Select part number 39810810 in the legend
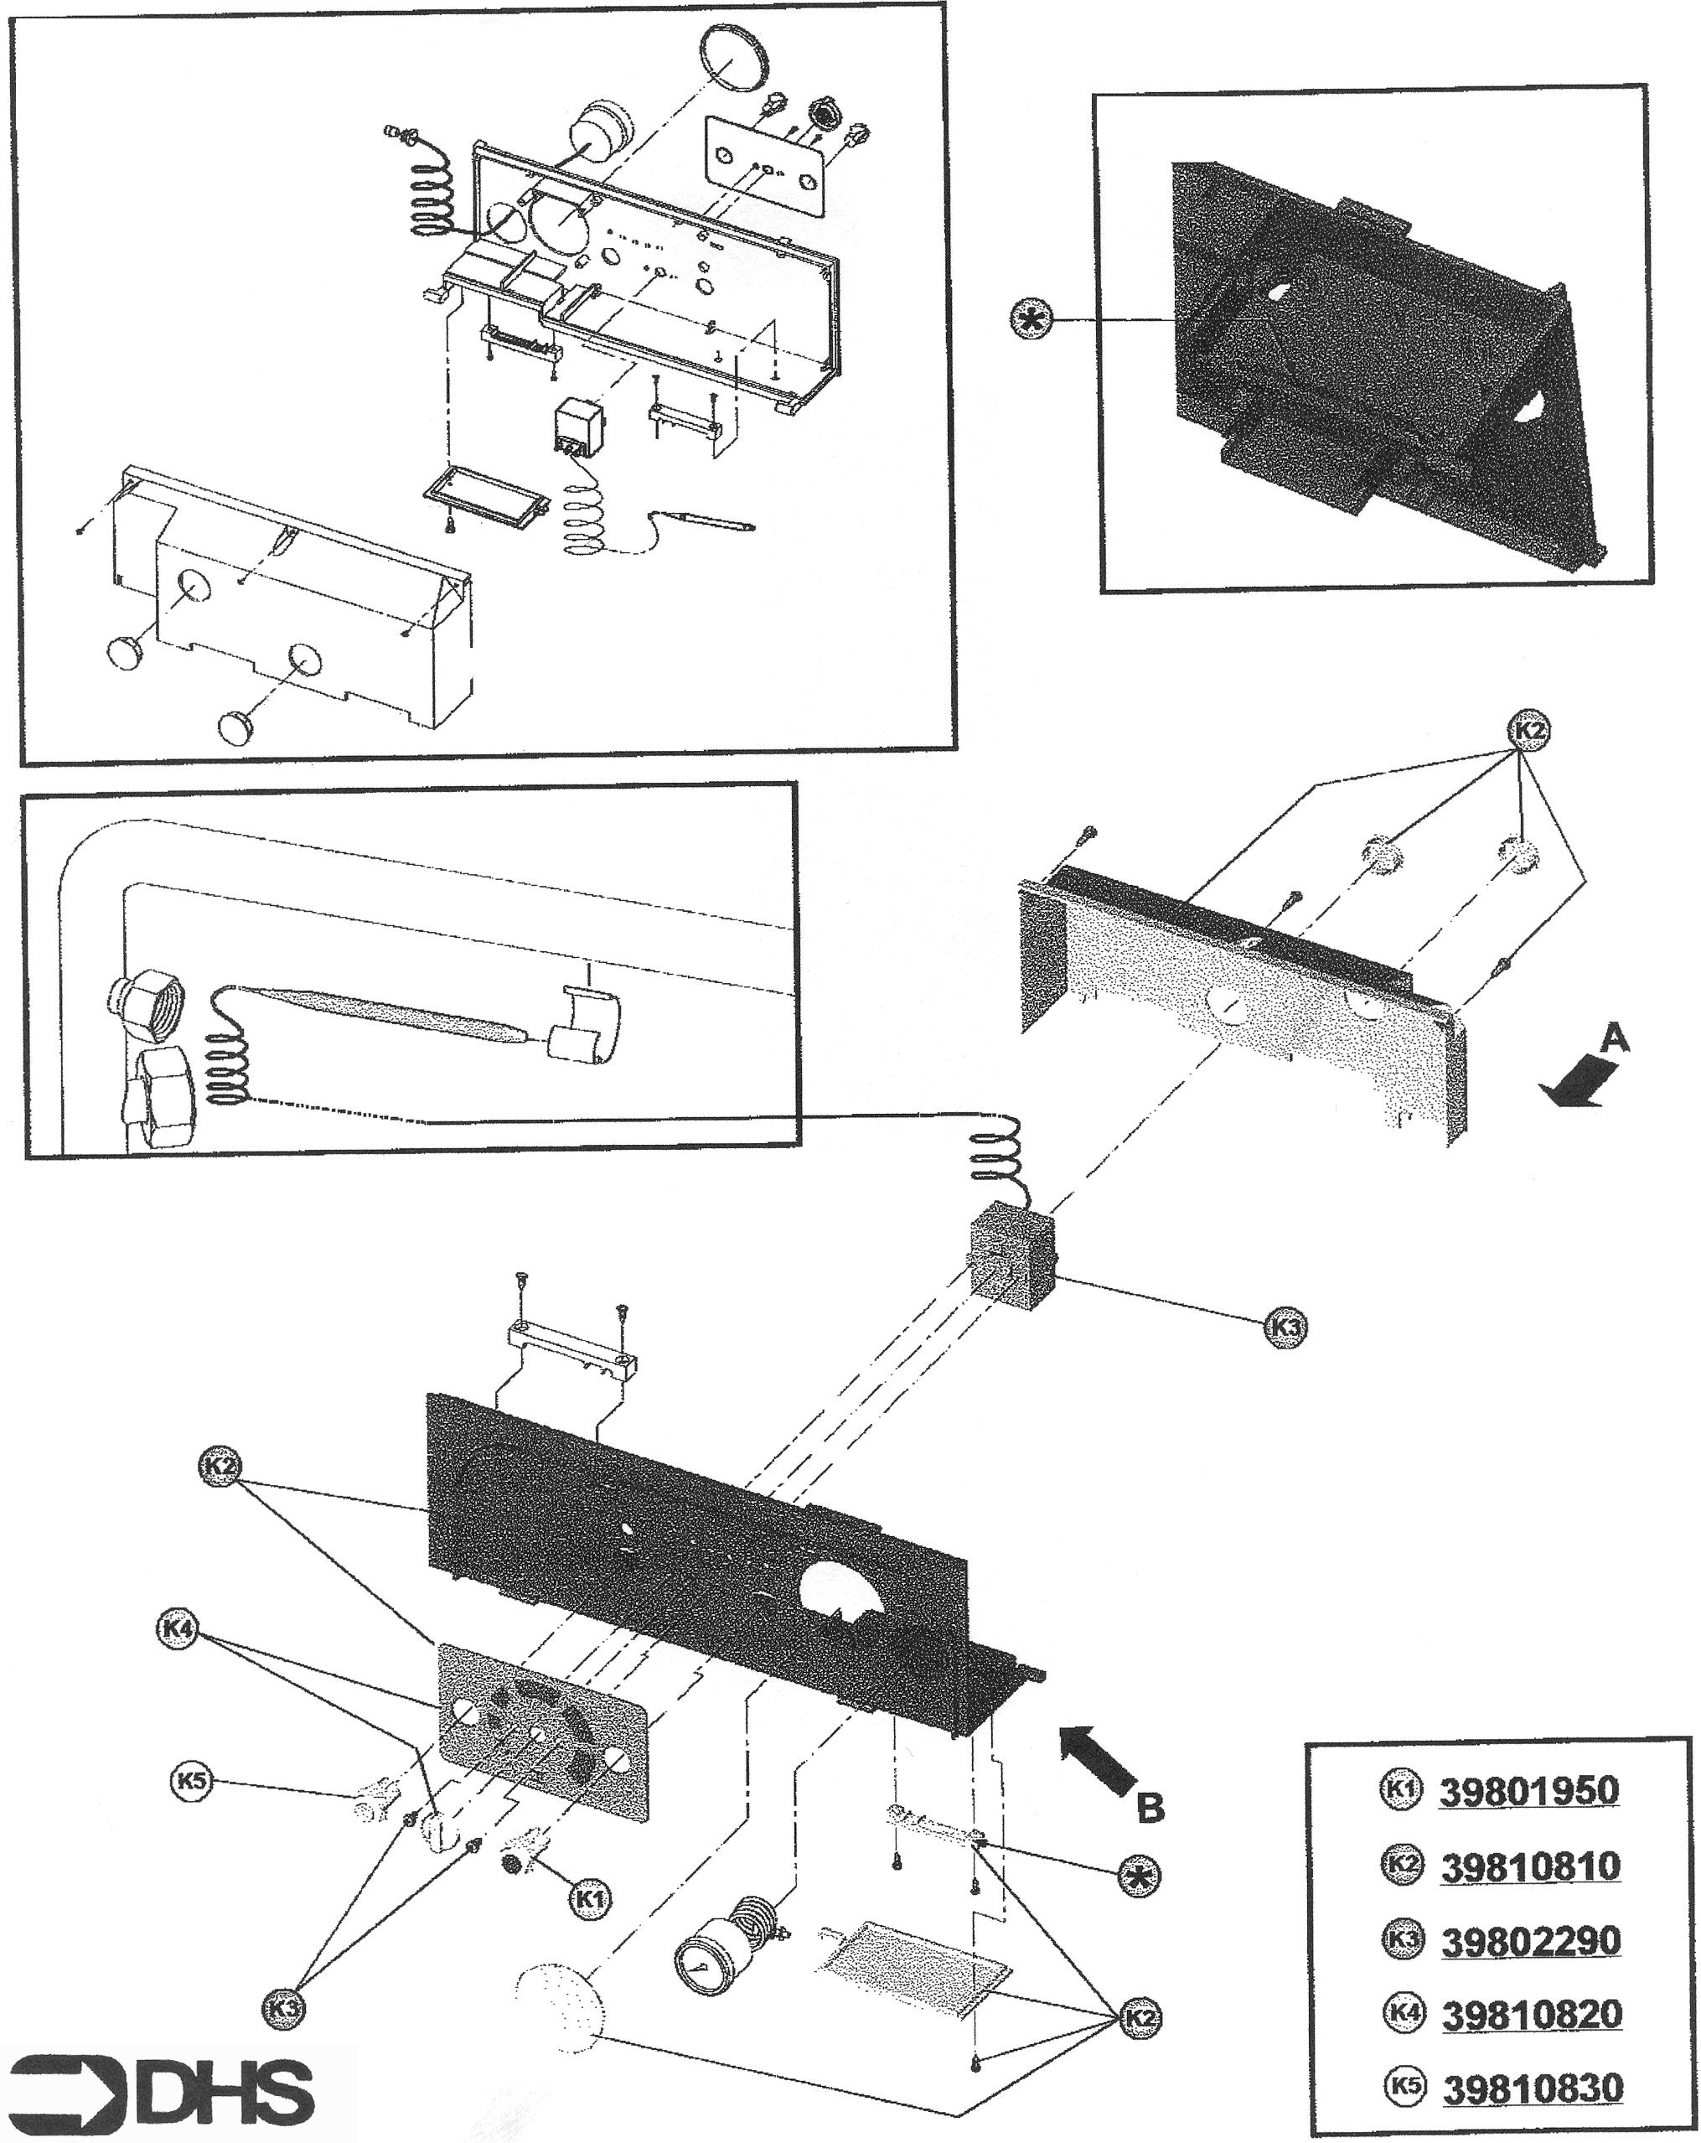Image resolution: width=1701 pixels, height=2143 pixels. pos(1530,1866)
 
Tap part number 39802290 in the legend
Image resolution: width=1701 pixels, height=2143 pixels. pos(1530,1940)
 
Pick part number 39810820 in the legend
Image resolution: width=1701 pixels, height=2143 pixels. pos(1531,2015)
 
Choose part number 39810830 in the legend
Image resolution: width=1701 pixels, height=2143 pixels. pos(1532,2088)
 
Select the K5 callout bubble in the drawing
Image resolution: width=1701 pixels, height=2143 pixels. pos(192,1781)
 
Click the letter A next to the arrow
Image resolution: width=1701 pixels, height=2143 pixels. pos(1615,1040)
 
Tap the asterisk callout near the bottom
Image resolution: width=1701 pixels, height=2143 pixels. pos(1138,1876)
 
